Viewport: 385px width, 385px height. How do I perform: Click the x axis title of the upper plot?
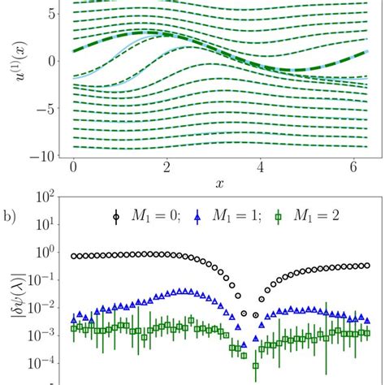pos(219,184)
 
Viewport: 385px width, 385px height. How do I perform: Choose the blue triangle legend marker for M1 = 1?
pos(214,217)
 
